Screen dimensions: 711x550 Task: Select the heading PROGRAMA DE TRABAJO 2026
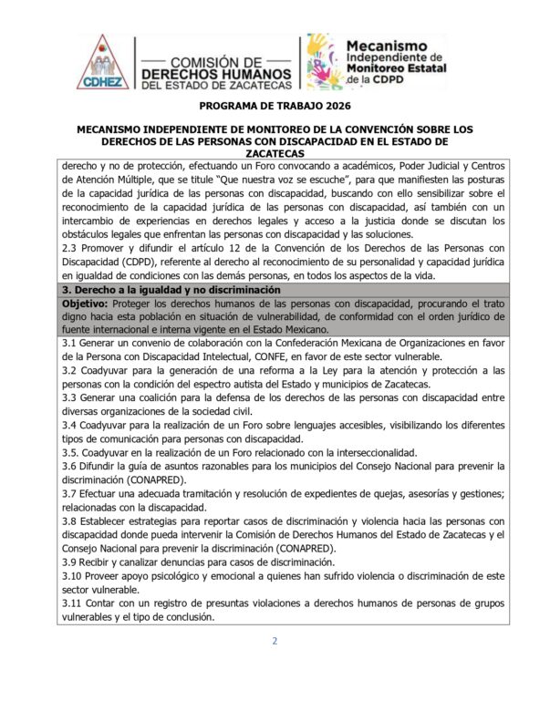275,107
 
